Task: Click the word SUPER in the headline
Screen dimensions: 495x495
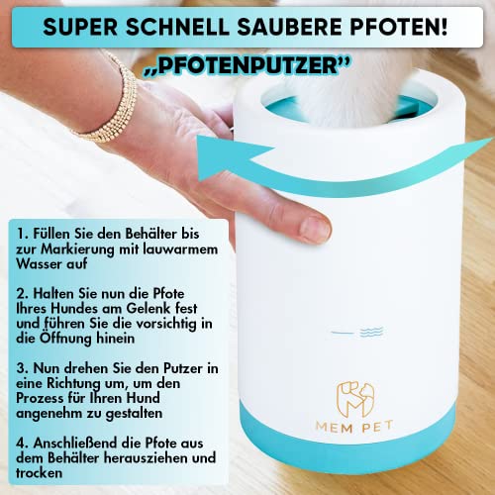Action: point(80,27)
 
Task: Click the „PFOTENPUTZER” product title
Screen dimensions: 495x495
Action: point(247,65)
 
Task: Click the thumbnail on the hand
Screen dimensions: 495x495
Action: point(314,230)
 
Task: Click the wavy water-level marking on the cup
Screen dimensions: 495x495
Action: point(371,332)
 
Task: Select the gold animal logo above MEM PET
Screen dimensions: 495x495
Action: point(355,399)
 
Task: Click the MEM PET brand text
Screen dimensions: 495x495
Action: point(354,427)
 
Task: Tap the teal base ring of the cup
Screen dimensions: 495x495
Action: point(348,445)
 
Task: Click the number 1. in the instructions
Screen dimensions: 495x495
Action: point(23,234)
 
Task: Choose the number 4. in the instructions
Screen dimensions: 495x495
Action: point(23,443)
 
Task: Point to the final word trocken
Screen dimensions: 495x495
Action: point(39,473)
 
